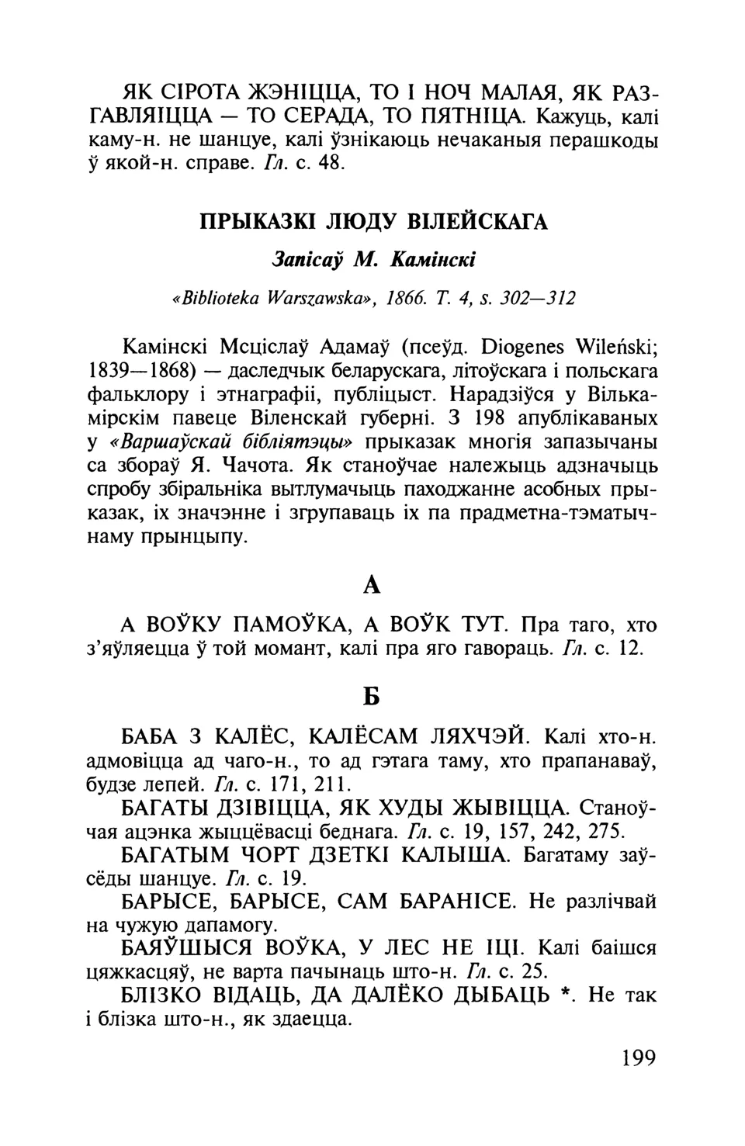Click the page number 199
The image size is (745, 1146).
(639, 1058)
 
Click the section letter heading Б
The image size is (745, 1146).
(372, 698)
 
